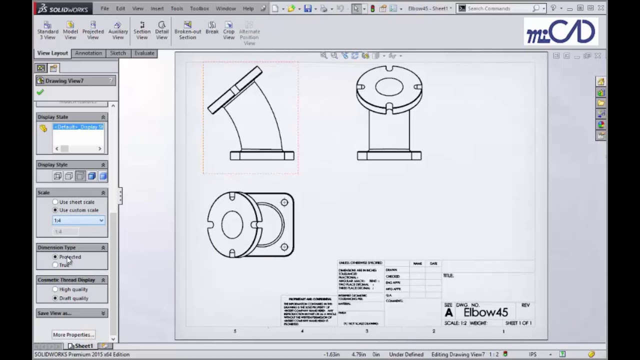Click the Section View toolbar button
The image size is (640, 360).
[x=142, y=30]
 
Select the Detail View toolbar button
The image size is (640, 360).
[x=161, y=30]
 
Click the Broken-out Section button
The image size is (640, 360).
[x=187, y=30]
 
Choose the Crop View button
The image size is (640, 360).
[x=228, y=30]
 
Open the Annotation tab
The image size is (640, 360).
[x=88, y=53]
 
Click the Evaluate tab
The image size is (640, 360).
[x=144, y=53]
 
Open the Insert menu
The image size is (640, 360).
[x=157, y=8]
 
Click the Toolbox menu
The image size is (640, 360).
[x=199, y=8]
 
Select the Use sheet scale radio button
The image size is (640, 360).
[x=55, y=202]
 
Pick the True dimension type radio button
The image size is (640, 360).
[x=55, y=265]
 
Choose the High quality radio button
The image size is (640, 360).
[x=55, y=289]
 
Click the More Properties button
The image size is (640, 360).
[x=73, y=334]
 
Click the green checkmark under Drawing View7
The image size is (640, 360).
[x=40, y=92]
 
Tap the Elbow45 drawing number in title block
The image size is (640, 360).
[x=485, y=312]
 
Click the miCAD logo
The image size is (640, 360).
[x=560, y=31]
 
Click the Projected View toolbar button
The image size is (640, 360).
[x=93, y=30]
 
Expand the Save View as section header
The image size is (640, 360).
[x=72, y=313]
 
